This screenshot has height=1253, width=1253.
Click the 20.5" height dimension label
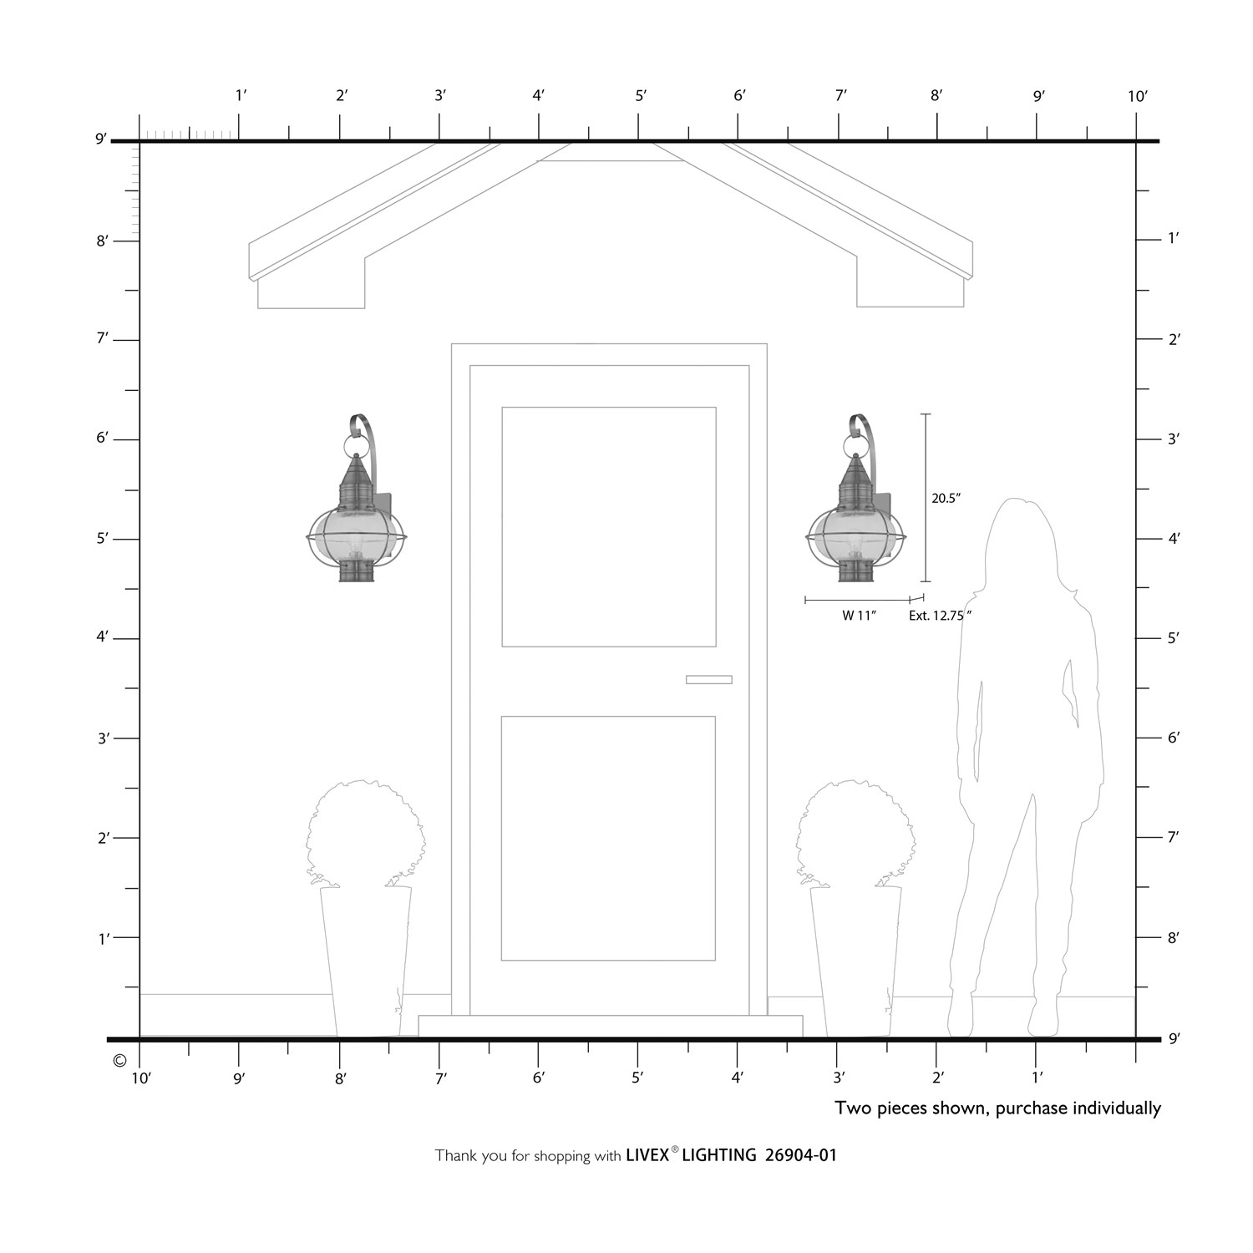946,498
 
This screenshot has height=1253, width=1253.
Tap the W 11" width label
858,616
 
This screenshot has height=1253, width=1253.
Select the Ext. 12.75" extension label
941,616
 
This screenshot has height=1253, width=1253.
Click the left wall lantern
358,498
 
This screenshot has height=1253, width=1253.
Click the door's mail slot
709,679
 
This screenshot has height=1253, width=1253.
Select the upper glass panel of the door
609,526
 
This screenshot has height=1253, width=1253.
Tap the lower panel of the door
608,838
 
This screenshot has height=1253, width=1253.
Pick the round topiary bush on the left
364,834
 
